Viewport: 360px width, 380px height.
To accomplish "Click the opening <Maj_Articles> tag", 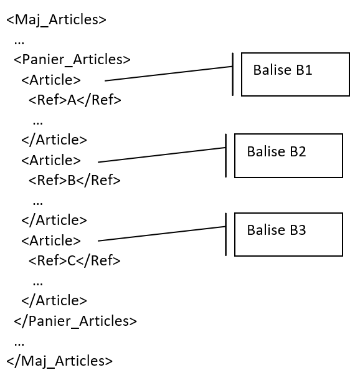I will pos(56,20).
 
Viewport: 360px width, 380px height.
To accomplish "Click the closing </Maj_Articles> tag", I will pos(60,361).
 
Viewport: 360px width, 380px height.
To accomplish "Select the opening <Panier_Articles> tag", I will pos(72,60).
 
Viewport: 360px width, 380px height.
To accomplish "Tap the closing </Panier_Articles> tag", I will pos(75,321).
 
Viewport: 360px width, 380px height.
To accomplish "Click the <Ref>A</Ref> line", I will pos(74,100).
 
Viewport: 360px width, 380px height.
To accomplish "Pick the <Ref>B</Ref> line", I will pos(74,181).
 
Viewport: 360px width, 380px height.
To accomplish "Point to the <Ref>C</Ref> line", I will pos(74,260).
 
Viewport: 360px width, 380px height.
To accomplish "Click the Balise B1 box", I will pos(295,74).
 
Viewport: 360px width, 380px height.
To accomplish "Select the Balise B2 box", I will pos(288,155).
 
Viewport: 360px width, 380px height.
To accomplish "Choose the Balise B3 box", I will pos(288,234).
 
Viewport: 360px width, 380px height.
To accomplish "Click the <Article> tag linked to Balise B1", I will pos(51,80).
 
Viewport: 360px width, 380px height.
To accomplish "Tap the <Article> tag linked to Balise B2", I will pos(51,160).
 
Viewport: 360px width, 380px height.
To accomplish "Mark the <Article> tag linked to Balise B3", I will pos(51,240).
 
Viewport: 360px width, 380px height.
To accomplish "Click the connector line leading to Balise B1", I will pos(168,74).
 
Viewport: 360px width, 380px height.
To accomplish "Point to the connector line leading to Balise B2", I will pos(162,154).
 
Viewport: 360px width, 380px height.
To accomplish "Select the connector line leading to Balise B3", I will pos(162,234).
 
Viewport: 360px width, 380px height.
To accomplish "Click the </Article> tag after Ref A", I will pos(54,140).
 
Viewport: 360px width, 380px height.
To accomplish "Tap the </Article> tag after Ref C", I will pos(54,300).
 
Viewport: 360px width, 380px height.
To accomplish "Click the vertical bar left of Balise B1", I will pos(232,74).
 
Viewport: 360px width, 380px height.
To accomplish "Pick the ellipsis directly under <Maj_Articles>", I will pos(19,41).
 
